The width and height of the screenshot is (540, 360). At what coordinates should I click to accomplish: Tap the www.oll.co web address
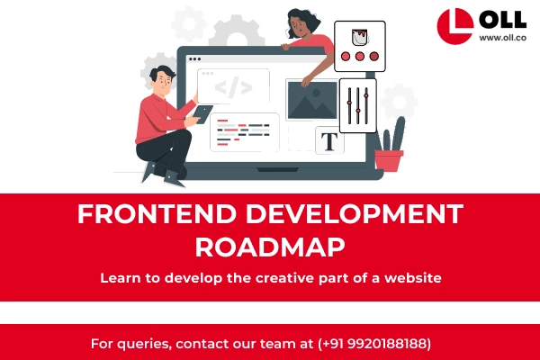pos(502,38)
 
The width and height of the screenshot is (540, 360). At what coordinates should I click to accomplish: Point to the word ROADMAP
pos(269,246)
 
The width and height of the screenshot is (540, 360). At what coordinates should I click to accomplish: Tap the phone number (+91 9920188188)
pos(374,344)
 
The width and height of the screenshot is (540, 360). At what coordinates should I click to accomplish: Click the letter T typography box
pos(329,140)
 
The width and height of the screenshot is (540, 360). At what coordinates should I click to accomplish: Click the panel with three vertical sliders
pos(358,104)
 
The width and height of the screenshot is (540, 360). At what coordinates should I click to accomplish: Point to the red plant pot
pos(389,160)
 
